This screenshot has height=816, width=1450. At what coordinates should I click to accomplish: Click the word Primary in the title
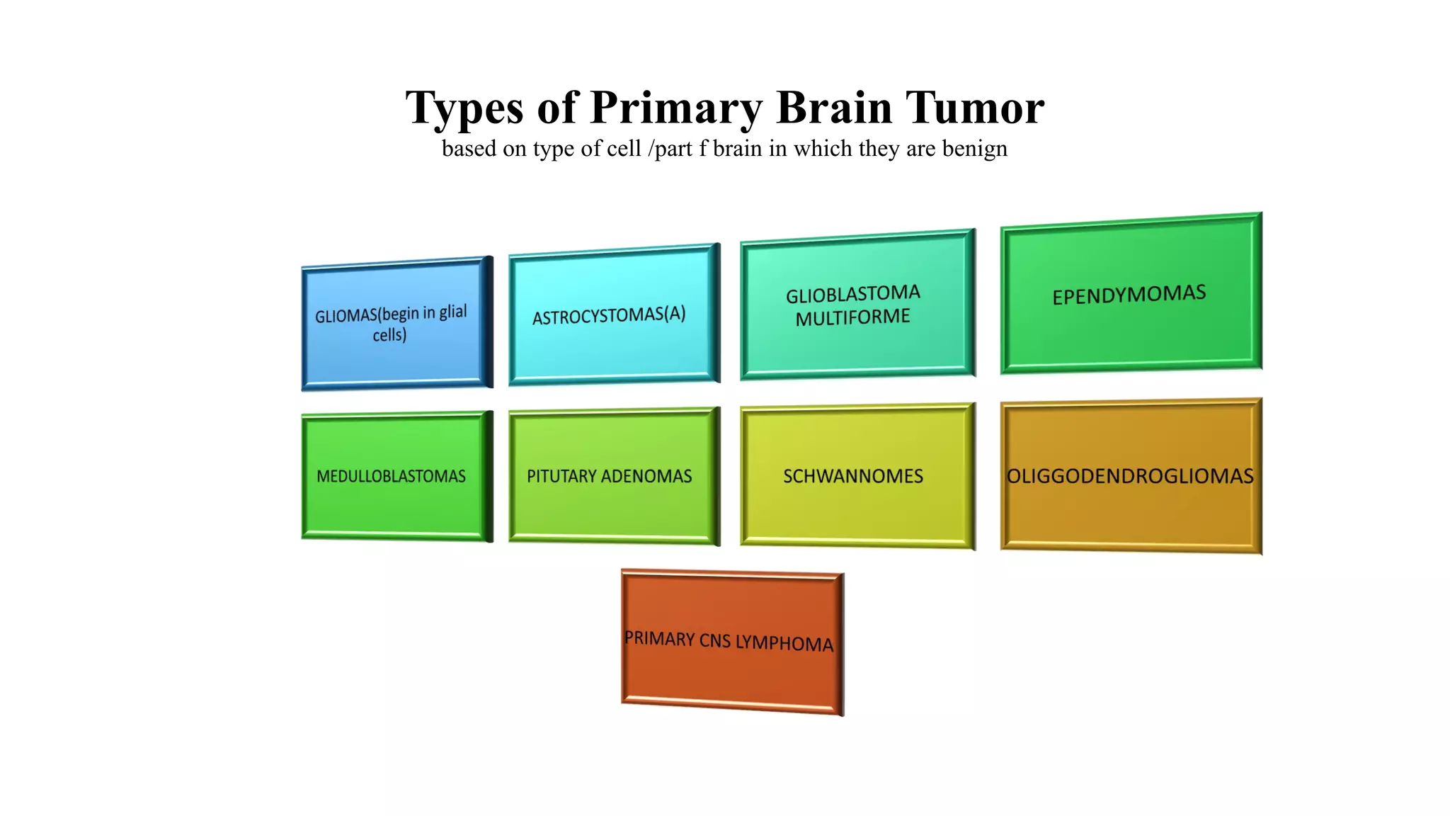point(676,108)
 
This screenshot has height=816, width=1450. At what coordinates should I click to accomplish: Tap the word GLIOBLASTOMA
point(852,294)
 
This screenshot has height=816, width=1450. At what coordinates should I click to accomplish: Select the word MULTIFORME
point(852,317)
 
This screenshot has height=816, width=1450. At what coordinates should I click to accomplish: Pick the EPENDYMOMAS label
point(1129,295)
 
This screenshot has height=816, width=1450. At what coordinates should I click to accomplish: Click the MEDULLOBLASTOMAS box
point(392,476)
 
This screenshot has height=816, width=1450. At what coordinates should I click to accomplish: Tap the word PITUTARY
point(561,476)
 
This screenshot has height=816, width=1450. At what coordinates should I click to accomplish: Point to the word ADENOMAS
point(646,476)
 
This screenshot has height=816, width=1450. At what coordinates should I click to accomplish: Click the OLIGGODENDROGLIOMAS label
point(1130,476)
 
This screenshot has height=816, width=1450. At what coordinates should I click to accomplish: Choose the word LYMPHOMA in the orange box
point(784,643)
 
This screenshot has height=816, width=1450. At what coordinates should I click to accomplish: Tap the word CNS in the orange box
point(714,640)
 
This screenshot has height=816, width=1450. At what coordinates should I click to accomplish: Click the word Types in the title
point(464,108)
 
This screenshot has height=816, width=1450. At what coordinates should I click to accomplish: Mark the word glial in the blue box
point(452,312)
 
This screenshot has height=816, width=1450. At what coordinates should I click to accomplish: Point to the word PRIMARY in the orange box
point(659,639)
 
